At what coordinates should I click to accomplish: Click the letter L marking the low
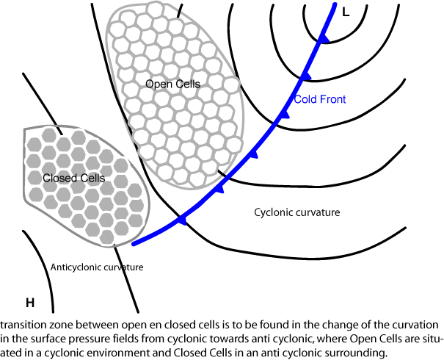pos(345,11)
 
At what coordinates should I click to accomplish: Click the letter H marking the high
pos(30,302)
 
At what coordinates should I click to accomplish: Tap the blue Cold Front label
pos(319,99)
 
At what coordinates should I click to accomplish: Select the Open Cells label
pos(172,84)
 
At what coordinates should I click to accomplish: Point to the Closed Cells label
pos(73,178)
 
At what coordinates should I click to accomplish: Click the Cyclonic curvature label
pos(297,212)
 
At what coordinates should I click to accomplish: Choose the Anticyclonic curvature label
pos(97,267)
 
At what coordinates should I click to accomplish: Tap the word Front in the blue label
pos(332,99)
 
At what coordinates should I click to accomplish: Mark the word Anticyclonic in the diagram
pos(78,267)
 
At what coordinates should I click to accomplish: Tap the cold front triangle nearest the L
pos(321,37)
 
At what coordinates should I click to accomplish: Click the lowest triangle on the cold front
pos(183,220)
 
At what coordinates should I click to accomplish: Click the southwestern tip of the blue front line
pos(134,243)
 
